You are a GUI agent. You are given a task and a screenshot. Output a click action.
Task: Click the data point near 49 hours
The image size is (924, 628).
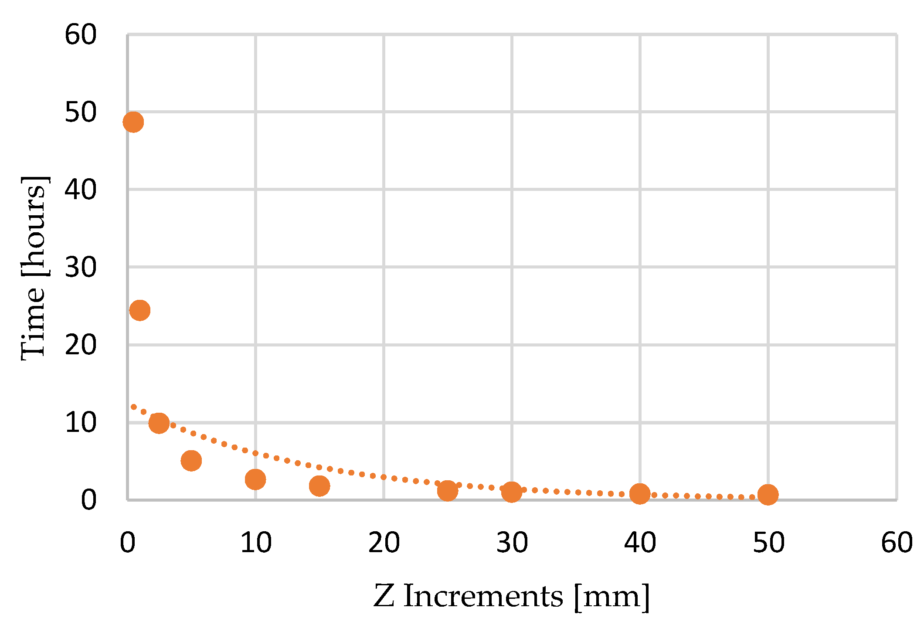pos(133,122)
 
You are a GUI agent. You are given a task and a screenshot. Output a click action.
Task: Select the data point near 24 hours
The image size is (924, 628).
pos(140,310)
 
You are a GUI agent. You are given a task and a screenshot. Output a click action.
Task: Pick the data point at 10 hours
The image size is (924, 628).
pos(159,423)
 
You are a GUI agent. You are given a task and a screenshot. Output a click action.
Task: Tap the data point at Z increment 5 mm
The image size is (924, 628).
pos(191,461)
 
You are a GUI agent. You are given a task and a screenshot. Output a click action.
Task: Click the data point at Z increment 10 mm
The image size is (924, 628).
pos(255,479)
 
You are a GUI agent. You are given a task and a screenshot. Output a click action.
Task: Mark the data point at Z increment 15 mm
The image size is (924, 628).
pos(319,485)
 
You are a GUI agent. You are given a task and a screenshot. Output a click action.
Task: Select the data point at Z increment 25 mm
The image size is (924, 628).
pos(447,491)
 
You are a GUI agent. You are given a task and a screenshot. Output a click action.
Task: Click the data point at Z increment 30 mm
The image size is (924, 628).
pos(512,492)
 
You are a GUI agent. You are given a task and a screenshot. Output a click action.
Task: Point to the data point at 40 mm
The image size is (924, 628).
pos(640,494)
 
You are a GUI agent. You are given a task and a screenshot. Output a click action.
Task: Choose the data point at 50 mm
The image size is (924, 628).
pos(768,495)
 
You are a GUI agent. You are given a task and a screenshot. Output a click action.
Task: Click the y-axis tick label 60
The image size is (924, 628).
pos(81,35)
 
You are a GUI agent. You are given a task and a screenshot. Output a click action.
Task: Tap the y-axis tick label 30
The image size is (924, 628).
pos(81,268)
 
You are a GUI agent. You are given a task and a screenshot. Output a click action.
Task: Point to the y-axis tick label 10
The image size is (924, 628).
pos(81,423)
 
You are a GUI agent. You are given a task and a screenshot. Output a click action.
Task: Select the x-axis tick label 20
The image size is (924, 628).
pos(384,543)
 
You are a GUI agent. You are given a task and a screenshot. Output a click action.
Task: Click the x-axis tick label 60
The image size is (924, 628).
pos(896,543)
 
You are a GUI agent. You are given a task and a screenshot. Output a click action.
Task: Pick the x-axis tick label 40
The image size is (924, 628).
pos(640,543)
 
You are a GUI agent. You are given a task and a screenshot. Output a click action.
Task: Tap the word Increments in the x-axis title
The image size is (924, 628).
pos(483,596)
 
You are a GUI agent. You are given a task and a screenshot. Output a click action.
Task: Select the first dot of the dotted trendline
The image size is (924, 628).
pos(134,407)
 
